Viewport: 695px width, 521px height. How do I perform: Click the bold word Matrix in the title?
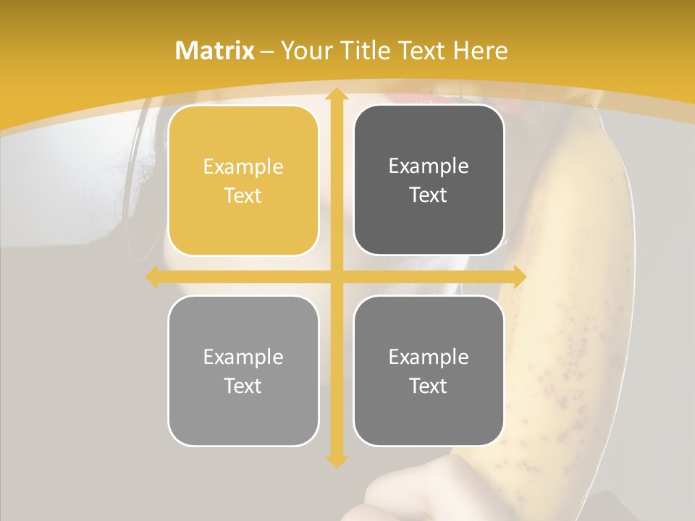coord(215,51)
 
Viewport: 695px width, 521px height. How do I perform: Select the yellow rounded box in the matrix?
coord(243,180)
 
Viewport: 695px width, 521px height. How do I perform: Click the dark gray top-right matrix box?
coord(429,180)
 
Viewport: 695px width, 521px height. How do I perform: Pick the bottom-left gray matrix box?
coord(243,370)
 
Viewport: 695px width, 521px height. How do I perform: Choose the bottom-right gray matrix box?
coord(429,370)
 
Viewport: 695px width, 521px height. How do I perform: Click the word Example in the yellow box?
coord(243,166)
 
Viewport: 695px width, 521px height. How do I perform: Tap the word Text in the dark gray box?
coord(429,195)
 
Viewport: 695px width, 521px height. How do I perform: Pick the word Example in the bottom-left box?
coord(243,357)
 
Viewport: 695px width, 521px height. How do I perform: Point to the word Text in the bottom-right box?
coord(429,386)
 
